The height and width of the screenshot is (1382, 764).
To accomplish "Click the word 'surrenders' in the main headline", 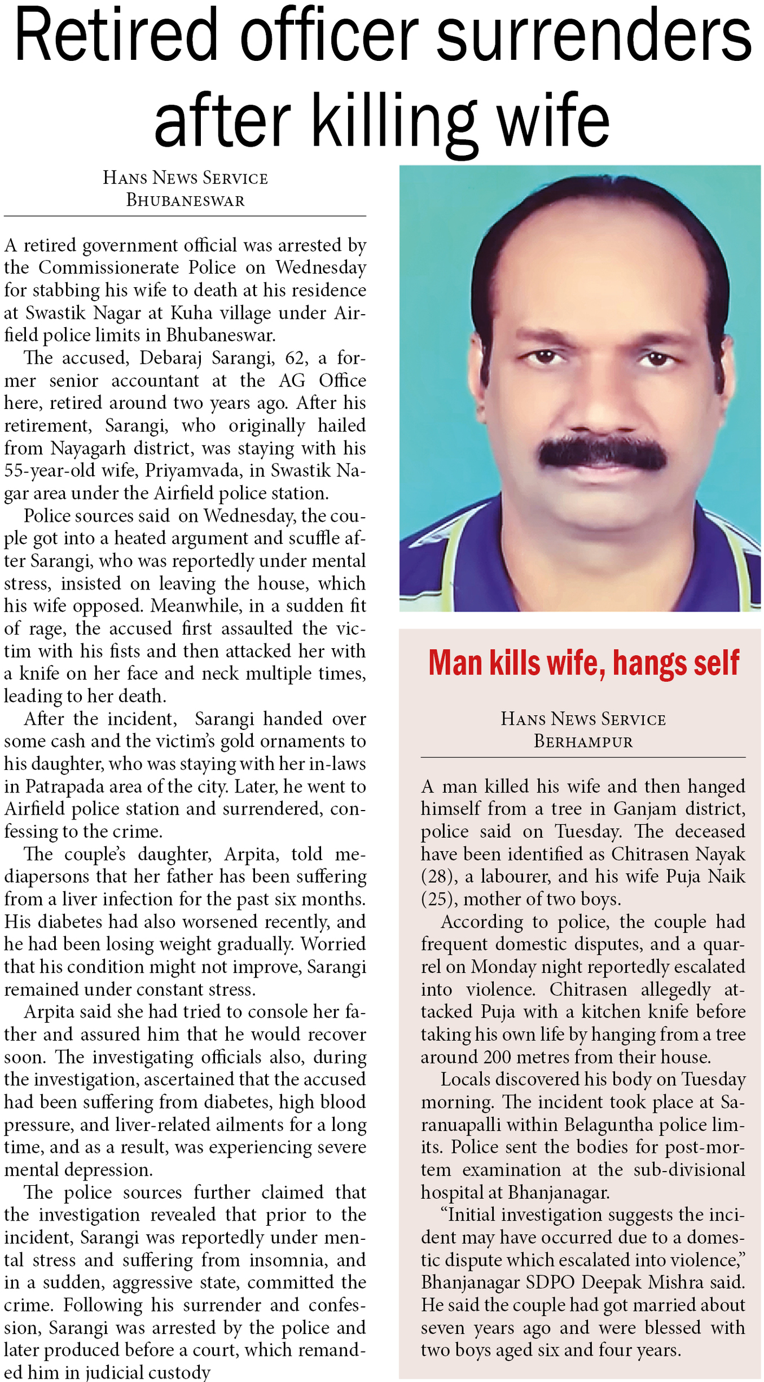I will click(x=594, y=35).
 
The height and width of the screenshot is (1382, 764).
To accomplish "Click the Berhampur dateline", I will click(x=583, y=741).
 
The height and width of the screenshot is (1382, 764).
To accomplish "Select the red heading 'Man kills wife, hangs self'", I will click(x=583, y=663).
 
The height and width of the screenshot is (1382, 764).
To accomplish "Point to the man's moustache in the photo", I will click(x=601, y=452).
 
